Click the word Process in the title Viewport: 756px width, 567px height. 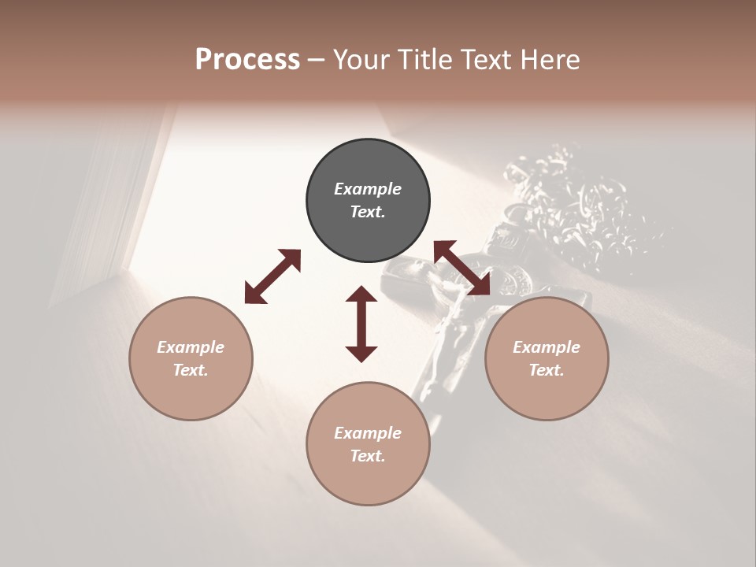pos(247,60)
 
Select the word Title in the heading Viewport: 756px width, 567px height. pos(424,60)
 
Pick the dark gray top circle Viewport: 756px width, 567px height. pos(368,201)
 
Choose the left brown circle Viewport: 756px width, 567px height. pos(191,358)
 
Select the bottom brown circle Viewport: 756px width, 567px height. pos(368,444)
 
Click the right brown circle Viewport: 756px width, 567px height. pos(547,358)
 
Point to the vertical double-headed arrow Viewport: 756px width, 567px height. pos(361,324)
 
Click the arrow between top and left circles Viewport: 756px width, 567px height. pos(272,276)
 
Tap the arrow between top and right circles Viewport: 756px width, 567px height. pos(462,268)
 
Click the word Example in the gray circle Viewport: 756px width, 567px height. pos(368,189)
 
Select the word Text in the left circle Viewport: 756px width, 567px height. pos(190,370)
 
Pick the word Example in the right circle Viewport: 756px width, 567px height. pos(547,347)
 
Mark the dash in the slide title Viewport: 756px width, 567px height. pos(317,60)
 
